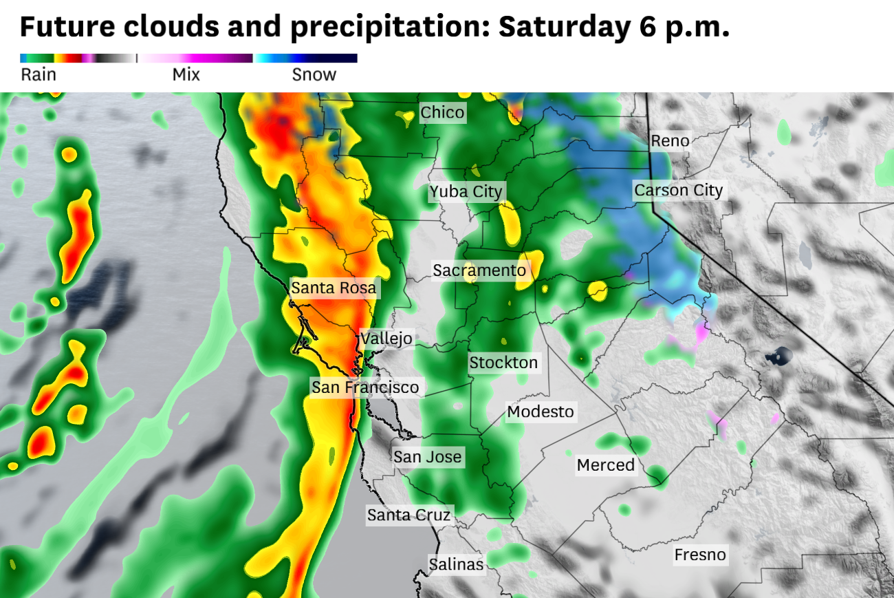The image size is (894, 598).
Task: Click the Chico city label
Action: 442,112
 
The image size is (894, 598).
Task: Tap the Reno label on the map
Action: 670,141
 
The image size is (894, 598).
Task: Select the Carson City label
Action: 678,190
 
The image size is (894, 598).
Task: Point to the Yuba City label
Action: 466,191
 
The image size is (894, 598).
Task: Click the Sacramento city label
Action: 479,270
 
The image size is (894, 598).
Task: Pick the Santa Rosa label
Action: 334,288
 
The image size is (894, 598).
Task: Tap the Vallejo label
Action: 386,339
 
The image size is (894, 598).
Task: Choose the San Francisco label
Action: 364,387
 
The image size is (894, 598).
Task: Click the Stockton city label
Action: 503,363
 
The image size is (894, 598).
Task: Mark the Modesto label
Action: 540,412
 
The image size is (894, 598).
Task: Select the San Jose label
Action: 427,457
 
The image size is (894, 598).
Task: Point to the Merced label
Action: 605,465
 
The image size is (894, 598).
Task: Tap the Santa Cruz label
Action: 408,515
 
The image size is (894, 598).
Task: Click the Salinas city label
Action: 456,564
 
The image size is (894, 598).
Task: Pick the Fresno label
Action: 699,555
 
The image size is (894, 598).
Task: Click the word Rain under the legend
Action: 39,75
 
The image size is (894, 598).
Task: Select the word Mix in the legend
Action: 186,75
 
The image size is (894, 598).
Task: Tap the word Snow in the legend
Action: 314,75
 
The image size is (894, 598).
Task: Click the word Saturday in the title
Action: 560,27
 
